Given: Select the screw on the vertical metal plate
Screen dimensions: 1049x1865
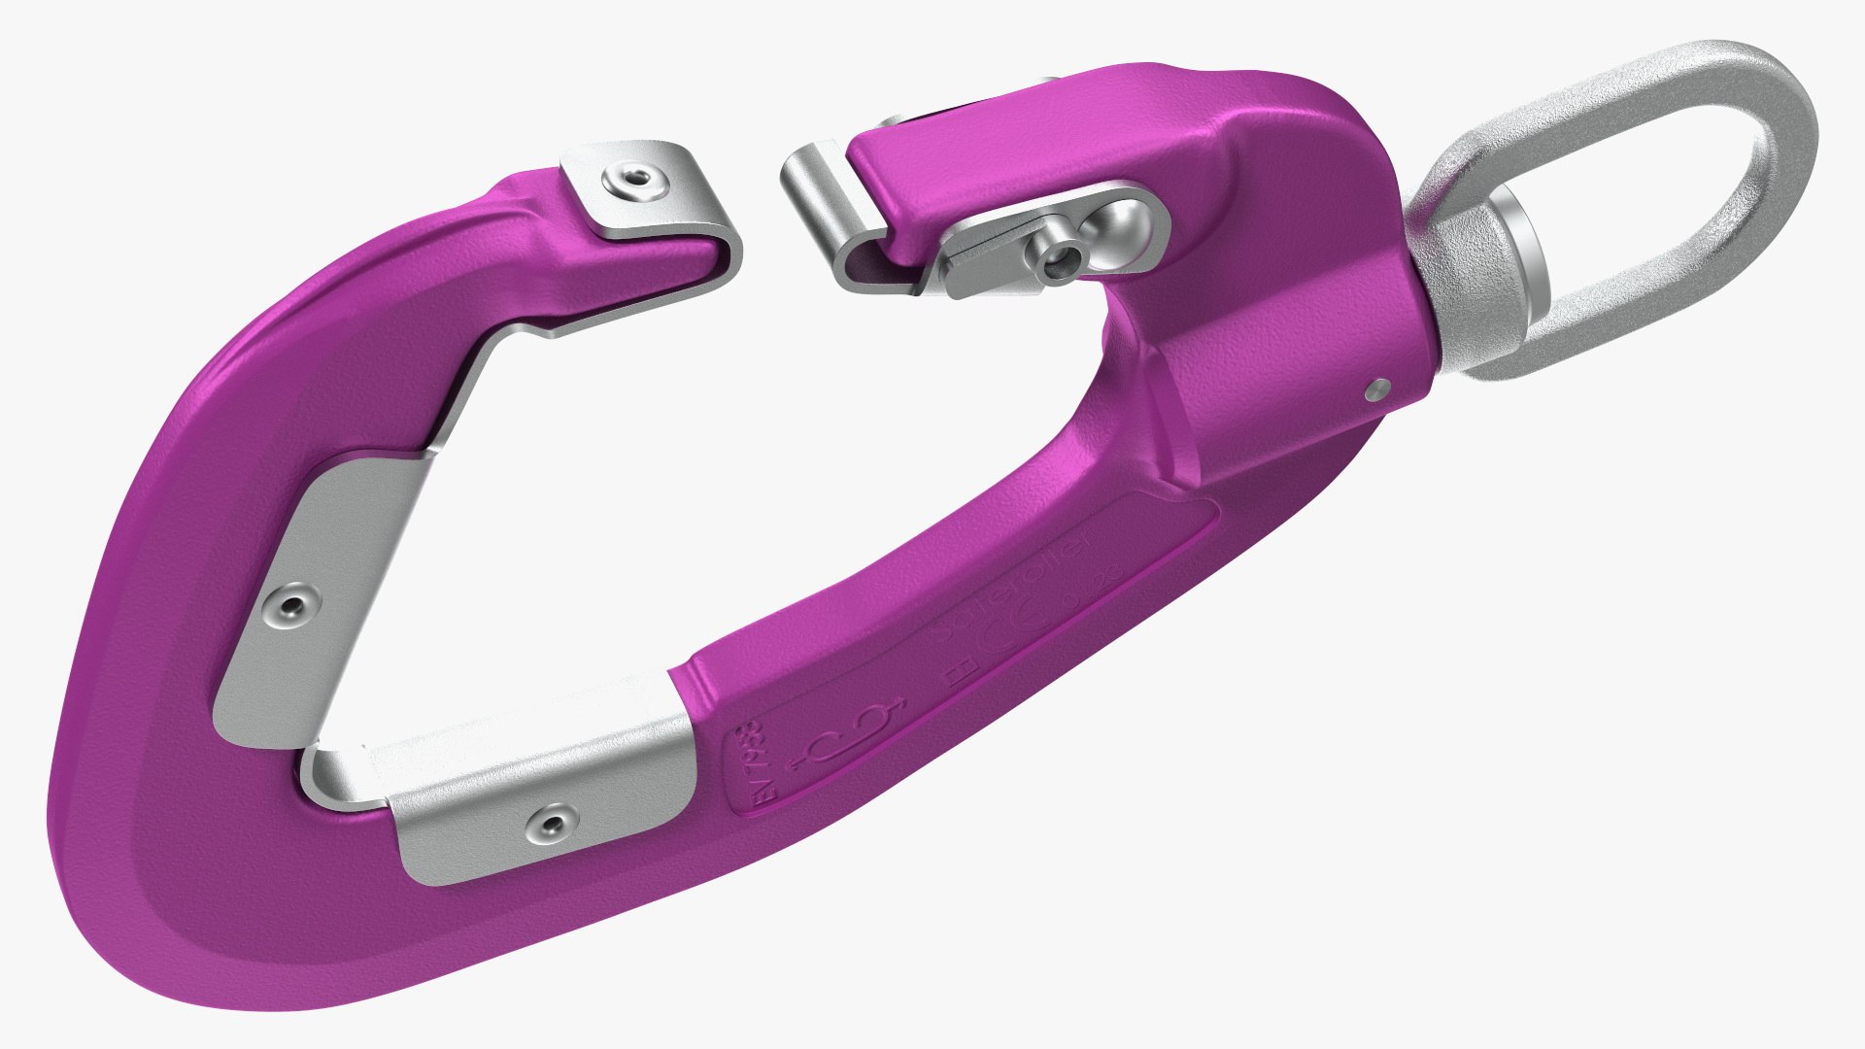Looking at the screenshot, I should (288, 608).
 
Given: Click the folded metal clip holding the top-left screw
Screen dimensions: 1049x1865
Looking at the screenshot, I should (651, 204).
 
